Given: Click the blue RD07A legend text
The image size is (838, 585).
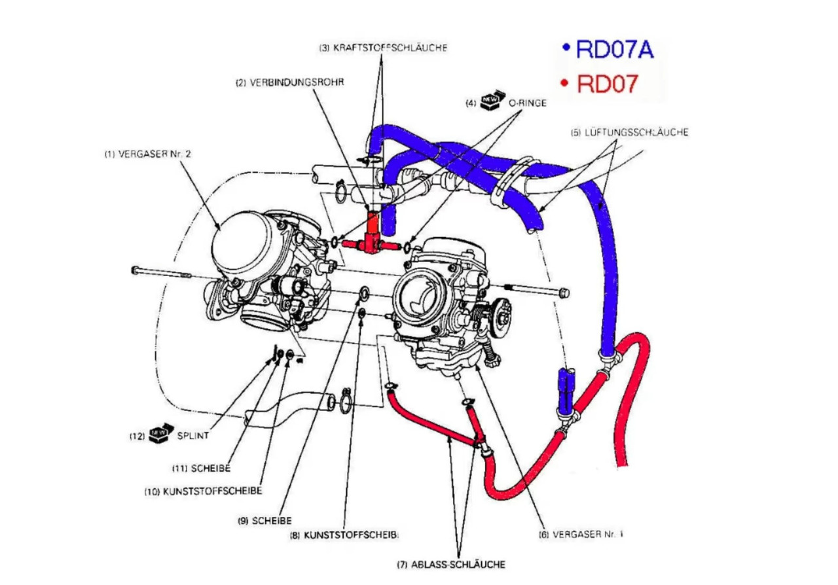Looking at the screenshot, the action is [x=615, y=49].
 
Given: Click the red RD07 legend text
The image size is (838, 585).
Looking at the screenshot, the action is [x=607, y=84].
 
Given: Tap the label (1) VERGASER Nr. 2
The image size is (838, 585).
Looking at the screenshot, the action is [x=148, y=154].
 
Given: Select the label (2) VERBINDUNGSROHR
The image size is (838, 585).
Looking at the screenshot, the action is [x=289, y=82].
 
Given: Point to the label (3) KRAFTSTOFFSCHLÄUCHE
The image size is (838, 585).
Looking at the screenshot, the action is [x=383, y=48].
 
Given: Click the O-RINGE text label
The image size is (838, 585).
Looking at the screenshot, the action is [x=528, y=103].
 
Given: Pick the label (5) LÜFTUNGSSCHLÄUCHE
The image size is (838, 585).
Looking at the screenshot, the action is [x=629, y=132].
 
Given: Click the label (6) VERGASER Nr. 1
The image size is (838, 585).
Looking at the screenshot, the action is [x=581, y=534].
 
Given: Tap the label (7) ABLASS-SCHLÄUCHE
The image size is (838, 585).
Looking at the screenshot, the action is [x=451, y=564].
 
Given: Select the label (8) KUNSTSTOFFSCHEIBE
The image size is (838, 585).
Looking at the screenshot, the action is [x=344, y=535].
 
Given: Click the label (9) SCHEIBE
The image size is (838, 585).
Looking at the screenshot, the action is [x=265, y=520].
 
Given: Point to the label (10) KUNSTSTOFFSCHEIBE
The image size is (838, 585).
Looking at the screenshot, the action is [x=203, y=491].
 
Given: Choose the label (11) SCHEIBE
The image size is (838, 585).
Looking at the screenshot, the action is [x=201, y=468].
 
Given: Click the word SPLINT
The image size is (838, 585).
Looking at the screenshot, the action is [x=192, y=435].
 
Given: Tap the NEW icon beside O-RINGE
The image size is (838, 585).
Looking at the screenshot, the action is [x=492, y=100].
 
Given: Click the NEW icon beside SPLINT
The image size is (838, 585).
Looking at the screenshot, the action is [x=161, y=433].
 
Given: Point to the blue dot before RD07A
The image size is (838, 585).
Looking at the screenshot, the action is [x=566, y=47].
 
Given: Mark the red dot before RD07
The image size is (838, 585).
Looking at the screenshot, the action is [x=565, y=82].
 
